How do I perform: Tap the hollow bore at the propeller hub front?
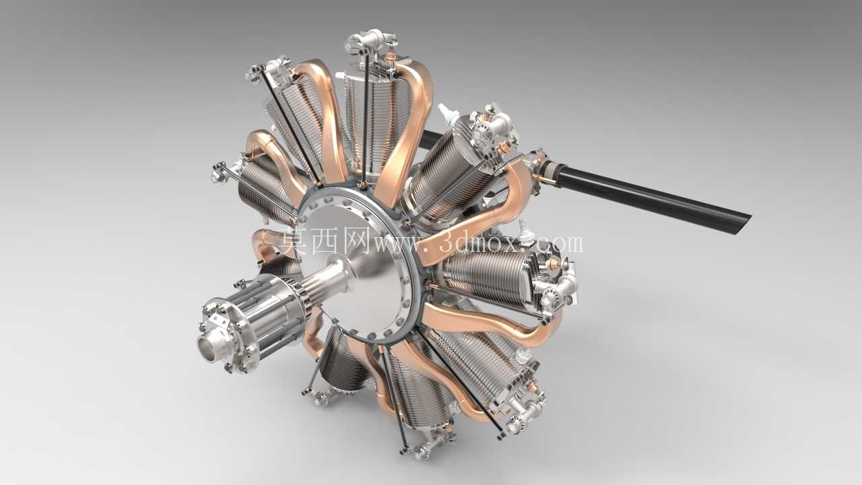pyautogui.click(x=207, y=349)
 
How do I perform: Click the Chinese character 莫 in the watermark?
pyautogui.click(x=294, y=240)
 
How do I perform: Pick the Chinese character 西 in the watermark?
pyautogui.click(x=325, y=240)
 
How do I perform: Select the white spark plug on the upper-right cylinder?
pyautogui.click(x=446, y=112)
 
